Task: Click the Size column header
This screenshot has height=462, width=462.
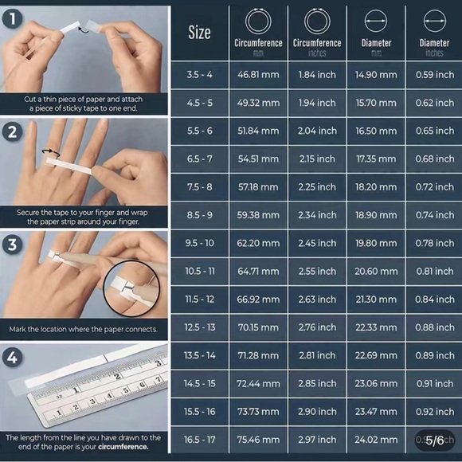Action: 199,33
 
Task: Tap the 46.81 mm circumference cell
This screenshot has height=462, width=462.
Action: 258,75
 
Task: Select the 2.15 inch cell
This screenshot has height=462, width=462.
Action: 317,159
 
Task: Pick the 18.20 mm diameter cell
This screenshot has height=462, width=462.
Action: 376,187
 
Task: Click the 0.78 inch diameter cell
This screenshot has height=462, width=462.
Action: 435,243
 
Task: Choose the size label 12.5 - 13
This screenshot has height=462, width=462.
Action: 200,327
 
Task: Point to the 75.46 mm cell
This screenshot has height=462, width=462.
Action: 258,440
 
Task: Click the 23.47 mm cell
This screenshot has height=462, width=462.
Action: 376,411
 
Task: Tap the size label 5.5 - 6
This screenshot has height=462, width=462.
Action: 200,131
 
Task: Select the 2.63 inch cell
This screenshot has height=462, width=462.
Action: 317,300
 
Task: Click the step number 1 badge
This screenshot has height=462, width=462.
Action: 13,18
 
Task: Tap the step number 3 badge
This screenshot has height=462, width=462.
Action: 13,245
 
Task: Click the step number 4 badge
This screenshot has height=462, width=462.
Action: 13,358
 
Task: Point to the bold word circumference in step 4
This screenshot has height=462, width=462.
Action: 123,447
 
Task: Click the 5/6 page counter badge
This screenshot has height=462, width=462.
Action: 435,440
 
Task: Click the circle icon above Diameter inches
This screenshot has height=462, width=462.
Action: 435,21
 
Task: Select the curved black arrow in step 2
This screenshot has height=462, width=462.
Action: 51,151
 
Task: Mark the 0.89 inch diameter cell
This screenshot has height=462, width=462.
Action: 435,355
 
